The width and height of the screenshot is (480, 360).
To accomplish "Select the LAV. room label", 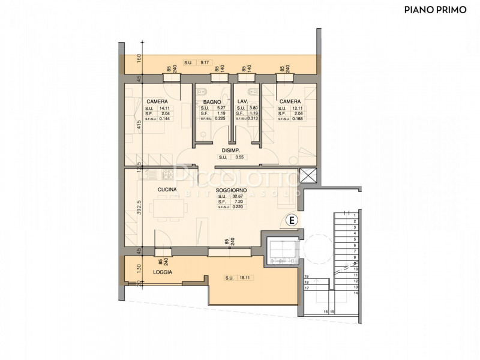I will click(x=242, y=102).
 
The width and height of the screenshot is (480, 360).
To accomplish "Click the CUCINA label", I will click(x=167, y=190).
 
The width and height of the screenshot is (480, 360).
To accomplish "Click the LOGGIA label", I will click(x=162, y=272).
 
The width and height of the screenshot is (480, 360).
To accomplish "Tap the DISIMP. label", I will click(x=231, y=150).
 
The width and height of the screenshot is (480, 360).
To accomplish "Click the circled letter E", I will click(x=291, y=220).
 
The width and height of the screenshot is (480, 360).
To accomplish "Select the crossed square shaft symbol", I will click(x=308, y=176).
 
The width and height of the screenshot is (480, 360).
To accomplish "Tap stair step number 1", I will click(x=355, y=215).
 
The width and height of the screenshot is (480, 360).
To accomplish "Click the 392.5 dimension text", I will click(x=138, y=207).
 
